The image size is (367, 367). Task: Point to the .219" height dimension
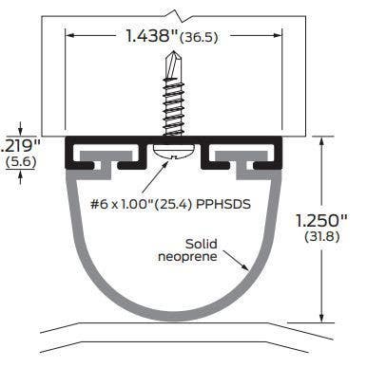(18, 145)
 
